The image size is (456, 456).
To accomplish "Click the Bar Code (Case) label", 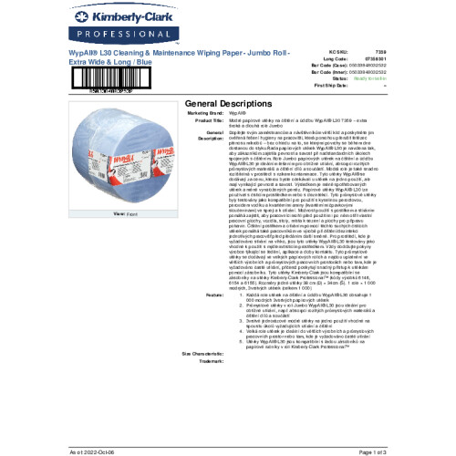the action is coord(326,67).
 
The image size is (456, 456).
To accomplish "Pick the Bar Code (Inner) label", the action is coord(326,73).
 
